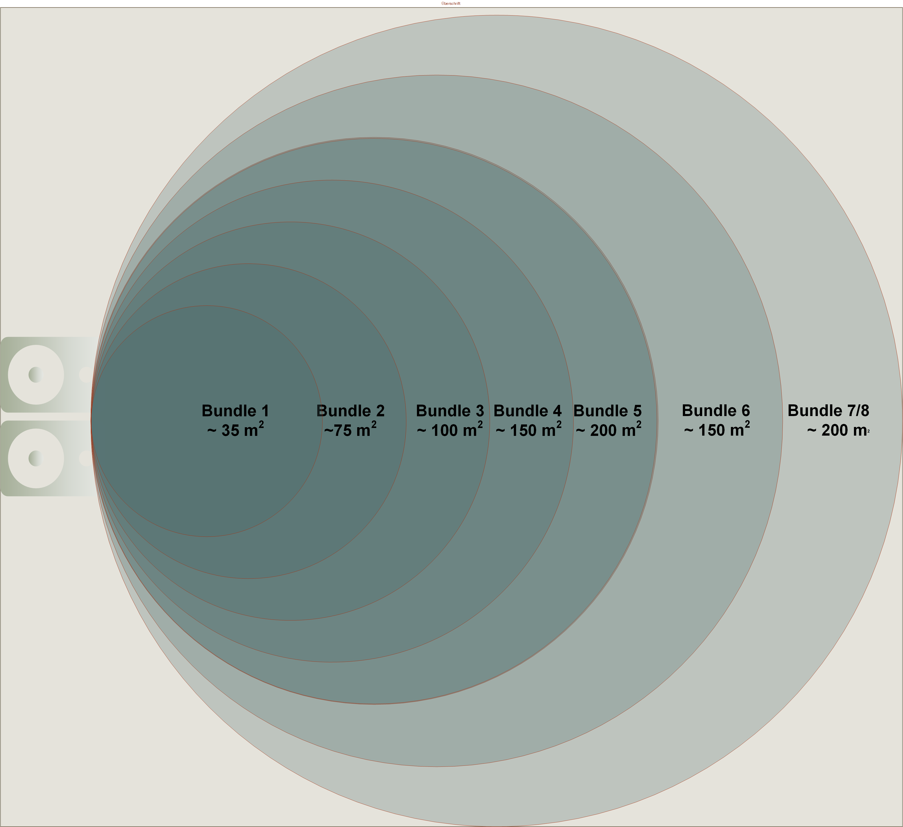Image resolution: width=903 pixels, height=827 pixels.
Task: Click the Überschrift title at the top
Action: tap(450, 4)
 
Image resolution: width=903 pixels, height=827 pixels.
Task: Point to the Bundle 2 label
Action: tap(350, 411)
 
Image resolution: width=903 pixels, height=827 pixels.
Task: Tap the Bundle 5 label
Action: tap(607, 411)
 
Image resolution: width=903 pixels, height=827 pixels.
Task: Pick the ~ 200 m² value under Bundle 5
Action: tap(608, 430)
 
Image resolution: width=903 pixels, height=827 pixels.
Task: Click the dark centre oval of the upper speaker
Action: tap(35, 374)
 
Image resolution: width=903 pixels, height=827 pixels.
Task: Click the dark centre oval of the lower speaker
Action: tap(35, 458)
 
